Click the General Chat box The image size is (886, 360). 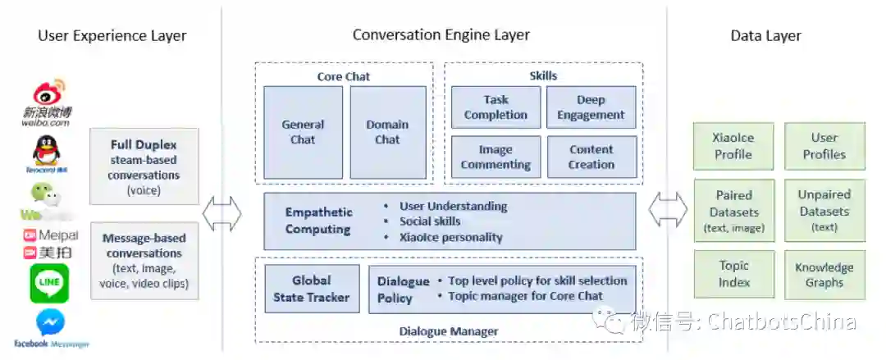point(303,132)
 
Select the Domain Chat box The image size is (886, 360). point(388,132)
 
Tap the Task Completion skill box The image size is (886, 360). point(496,107)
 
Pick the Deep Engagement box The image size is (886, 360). point(591,107)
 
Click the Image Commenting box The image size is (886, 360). point(496,157)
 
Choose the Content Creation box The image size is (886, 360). point(591,157)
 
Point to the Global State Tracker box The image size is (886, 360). point(312,289)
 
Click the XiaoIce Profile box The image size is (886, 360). point(733,146)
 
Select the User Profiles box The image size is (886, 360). point(824,146)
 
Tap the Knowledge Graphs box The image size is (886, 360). point(824,275)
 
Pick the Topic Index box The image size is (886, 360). point(734,274)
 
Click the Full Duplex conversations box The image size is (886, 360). point(144,166)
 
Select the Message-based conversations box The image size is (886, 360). point(144,261)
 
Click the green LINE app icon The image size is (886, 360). point(49,283)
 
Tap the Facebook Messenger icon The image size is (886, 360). point(50,323)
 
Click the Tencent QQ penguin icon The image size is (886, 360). point(45,152)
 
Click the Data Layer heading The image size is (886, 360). point(765,35)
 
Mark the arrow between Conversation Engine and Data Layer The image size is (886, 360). point(666,211)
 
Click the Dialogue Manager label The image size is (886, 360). point(449,331)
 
